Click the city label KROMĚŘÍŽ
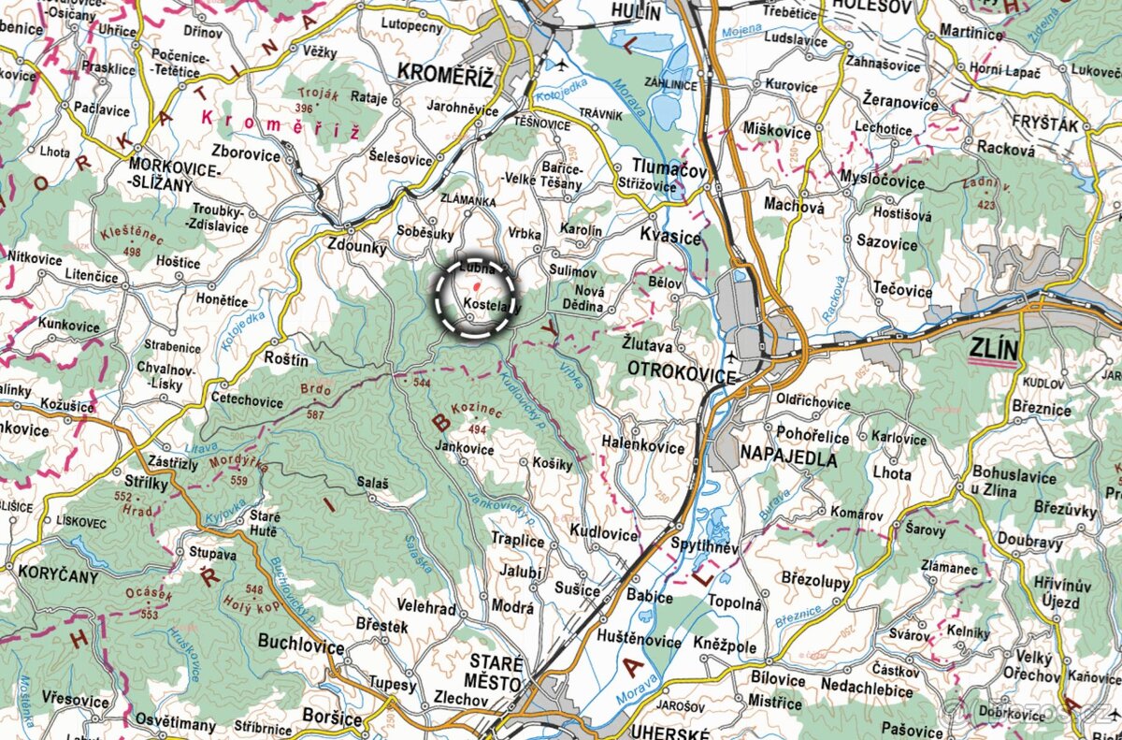coord(444,73)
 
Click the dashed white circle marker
coord(475,297)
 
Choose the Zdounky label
coord(356,248)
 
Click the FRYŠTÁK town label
coord(1044,124)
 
